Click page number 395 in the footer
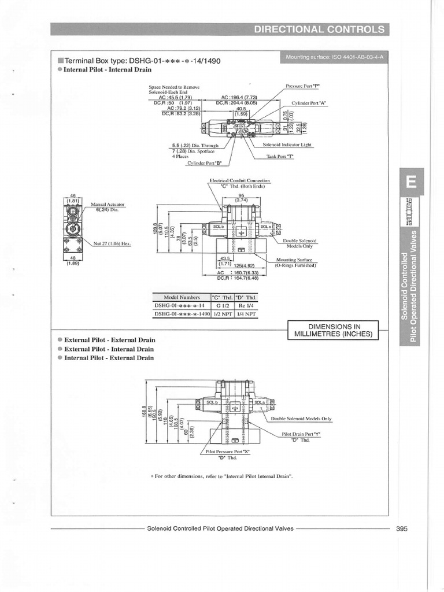pyautogui.click(x=402, y=528)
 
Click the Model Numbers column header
pyautogui.click(x=181, y=297)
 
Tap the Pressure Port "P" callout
pyautogui.click(x=302, y=86)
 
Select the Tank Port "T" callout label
pyautogui.click(x=280, y=156)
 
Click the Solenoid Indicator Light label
pyautogui.click(x=287, y=145)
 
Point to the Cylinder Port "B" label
pyautogui.click(x=205, y=163)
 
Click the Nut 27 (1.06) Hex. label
pyautogui.click(x=112, y=243)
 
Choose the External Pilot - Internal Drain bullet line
pyautogui.click(x=109, y=349)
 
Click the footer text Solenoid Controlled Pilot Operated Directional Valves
pyautogui.click(x=220, y=528)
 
